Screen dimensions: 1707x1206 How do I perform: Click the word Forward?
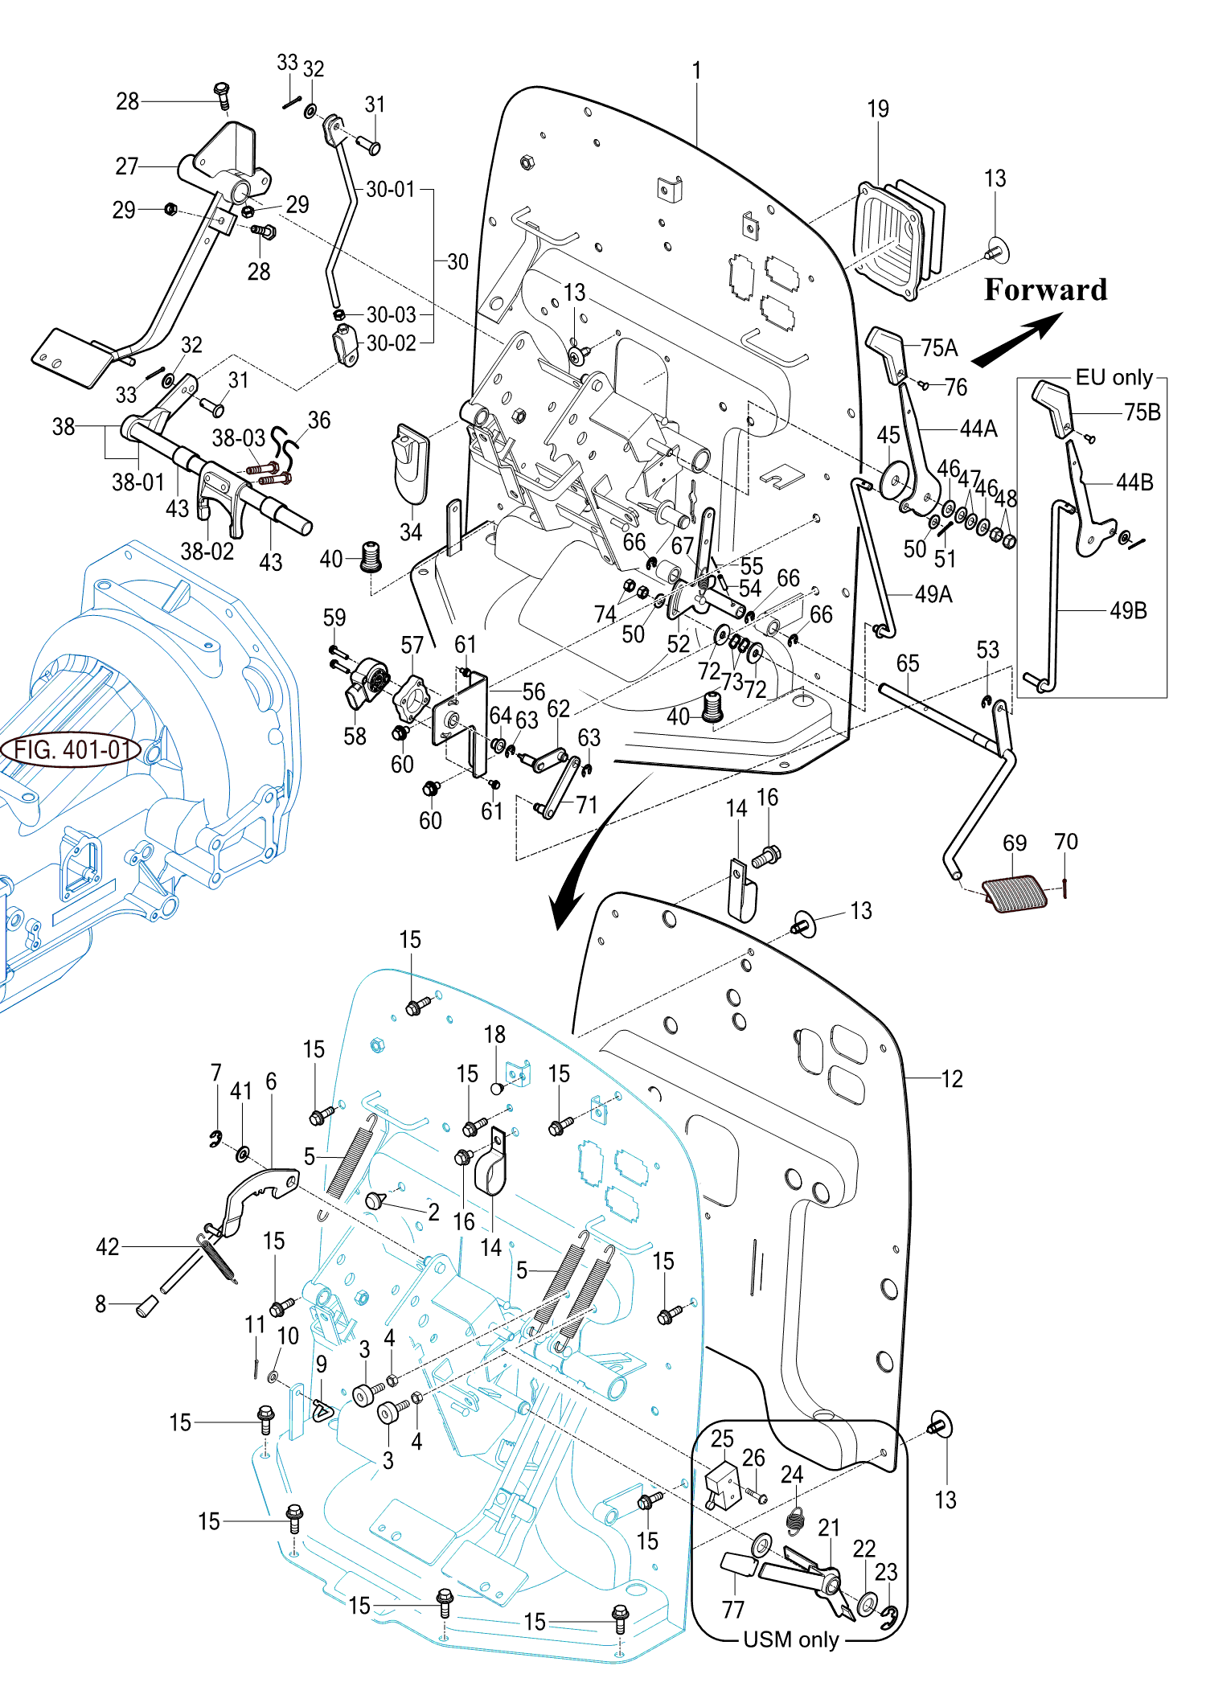pos(1045,289)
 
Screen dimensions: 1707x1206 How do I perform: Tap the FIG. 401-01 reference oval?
pos(72,750)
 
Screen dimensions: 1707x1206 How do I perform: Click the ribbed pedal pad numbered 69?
pos(1015,893)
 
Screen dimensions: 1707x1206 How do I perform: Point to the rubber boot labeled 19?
pos(896,237)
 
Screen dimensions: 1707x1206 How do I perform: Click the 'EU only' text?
pos(1114,377)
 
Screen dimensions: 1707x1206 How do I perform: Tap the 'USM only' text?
pos(791,1639)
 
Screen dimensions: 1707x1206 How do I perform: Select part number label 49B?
pos(1128,610)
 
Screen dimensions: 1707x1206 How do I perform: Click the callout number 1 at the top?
pos(696,71)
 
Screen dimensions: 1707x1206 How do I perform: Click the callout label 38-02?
pos(207,551)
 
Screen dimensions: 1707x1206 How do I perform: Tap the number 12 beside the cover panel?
pos(952,1078)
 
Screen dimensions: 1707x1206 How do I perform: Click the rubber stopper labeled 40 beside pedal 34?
pos(371,556)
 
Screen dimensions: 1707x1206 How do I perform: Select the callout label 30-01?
pos(390,189)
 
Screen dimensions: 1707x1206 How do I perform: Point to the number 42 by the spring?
pos(107,1246)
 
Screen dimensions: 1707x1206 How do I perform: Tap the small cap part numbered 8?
pos(146,1306)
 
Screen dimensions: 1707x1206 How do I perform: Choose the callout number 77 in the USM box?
pos(732,1609)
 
